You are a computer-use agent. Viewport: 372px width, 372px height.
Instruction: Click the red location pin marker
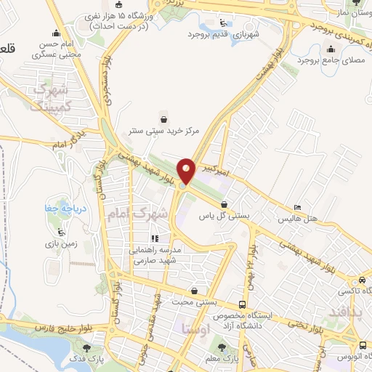click(187, 171)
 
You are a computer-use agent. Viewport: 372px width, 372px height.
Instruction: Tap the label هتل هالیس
click(296, 218)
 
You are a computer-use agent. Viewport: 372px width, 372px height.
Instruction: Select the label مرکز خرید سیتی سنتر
click(165, 131)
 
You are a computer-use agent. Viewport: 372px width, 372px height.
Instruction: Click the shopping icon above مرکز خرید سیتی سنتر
click(164, 119)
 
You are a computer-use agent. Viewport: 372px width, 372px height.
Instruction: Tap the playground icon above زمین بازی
click(64, 233)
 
